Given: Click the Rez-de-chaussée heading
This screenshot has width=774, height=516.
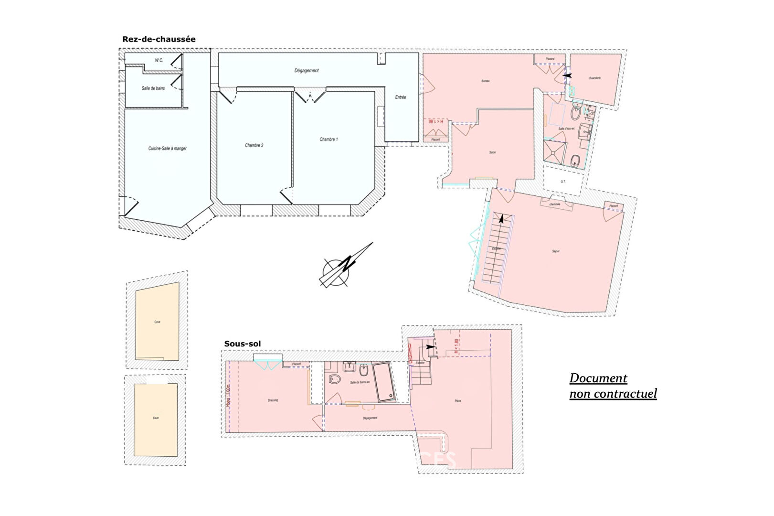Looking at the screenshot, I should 159,39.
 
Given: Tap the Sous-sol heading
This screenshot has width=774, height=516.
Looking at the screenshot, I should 242,344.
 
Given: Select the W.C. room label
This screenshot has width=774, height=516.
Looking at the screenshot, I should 159,61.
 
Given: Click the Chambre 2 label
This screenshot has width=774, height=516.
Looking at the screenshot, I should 254,145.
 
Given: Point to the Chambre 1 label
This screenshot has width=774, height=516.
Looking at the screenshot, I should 329,140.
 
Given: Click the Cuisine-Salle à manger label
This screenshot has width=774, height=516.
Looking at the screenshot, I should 167,149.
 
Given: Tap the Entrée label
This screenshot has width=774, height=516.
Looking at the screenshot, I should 401,97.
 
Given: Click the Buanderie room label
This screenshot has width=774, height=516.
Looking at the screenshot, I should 595,78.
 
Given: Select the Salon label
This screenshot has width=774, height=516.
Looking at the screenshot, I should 492,152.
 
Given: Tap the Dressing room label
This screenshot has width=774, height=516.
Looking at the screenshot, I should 273,400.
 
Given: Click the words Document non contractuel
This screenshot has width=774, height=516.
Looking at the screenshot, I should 613,386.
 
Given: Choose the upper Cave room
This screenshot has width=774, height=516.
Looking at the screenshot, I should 157,322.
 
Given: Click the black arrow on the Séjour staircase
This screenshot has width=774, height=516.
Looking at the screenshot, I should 501,219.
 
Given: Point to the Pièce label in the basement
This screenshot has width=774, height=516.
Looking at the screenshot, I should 458,401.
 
